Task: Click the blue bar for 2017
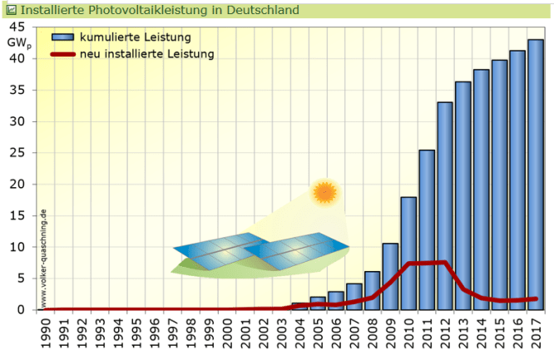tap(536, 175)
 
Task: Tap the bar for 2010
tap(408, 254)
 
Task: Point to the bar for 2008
tap(372, 290)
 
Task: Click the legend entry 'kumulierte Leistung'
tap(146, 38)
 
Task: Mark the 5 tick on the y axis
tap(29, 279)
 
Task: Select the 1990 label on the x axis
tap(47, 330)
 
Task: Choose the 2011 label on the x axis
tap(427, 330)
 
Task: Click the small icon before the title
tap(11, 11)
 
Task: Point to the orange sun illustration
tap(324, 193)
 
